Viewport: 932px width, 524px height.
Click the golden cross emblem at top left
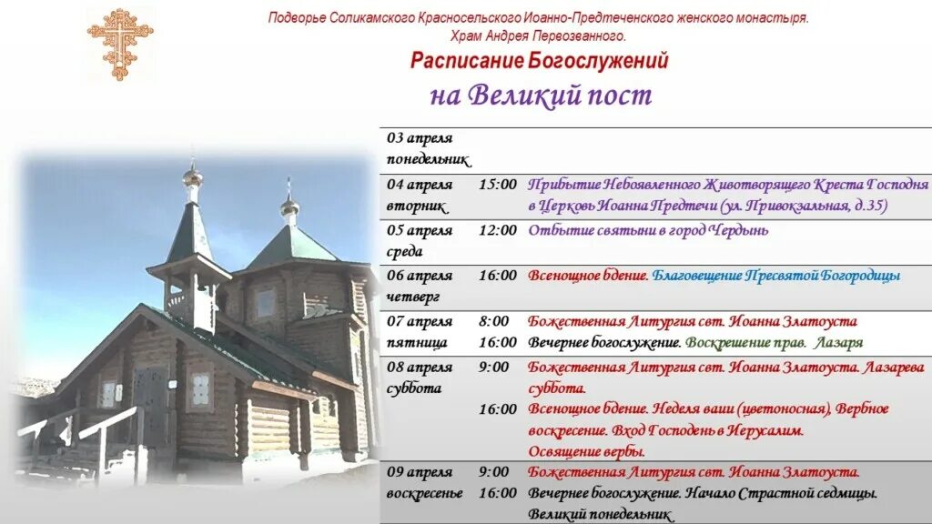(119, 43)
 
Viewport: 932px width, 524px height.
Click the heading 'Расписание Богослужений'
(539, 62)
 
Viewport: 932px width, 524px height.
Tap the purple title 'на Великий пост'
(541, 96)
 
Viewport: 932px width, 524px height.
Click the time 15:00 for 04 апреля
(497, 185)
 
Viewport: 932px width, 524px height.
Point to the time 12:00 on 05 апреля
(497, 230)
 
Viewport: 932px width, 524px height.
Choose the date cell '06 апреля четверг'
(420, 286)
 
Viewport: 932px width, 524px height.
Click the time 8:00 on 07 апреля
(493, 321)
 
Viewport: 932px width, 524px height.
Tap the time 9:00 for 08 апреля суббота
(493, 367)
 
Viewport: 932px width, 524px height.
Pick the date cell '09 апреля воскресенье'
(424, 482)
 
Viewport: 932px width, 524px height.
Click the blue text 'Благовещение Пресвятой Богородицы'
(776, 276)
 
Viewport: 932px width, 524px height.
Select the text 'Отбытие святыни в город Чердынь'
(648, 230)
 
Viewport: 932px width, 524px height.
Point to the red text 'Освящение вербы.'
(586, 451)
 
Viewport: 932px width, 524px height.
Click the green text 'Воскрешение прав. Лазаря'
(774, 343)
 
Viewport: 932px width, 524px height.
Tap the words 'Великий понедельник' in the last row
(601, 515)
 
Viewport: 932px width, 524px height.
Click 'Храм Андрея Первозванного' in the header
(538, 35)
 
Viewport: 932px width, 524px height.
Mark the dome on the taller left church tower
(192, 175)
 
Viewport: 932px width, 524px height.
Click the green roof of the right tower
(290, 246)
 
